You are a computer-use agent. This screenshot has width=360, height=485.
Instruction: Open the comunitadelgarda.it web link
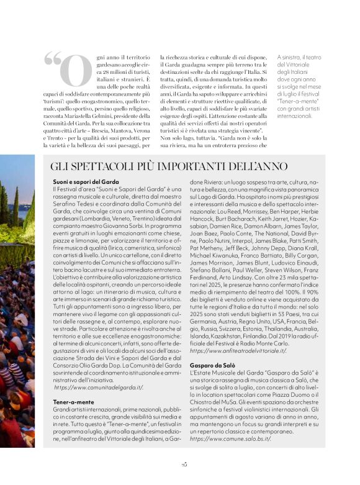coord(99,387)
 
